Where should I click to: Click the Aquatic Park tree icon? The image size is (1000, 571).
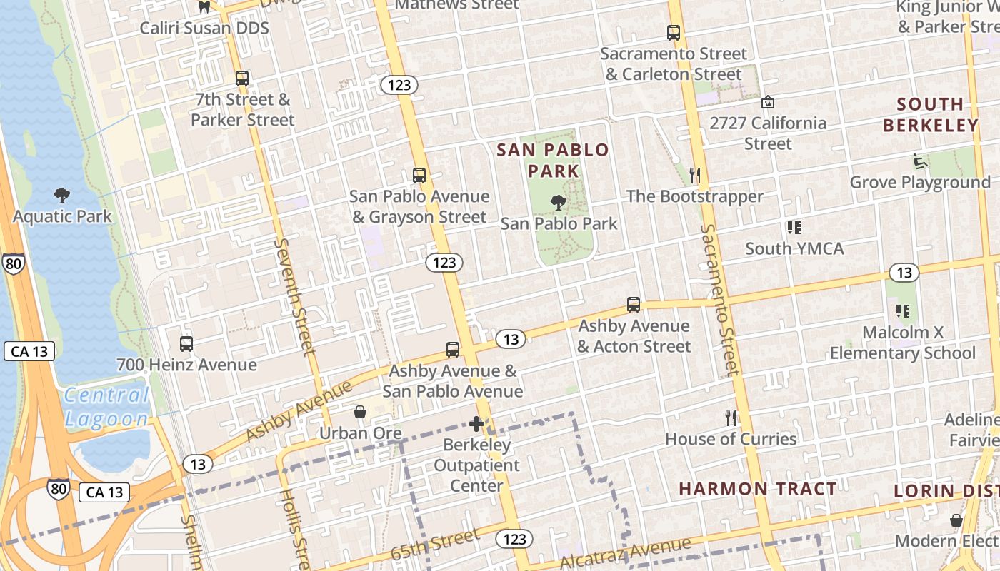[62, 195]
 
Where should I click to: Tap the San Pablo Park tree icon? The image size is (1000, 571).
[559, 203]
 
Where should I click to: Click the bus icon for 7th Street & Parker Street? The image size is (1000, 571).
[242, 79]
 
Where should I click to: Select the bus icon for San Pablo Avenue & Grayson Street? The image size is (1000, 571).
[419, 175]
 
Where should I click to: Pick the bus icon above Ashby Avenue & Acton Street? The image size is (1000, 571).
[633, 305]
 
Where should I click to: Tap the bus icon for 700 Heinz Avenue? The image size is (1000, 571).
[186, 343]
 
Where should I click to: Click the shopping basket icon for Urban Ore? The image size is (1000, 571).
[360, 413]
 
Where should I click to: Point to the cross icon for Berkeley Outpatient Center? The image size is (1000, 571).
[476, 424]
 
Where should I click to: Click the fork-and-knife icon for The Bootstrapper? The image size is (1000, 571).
[694, 175]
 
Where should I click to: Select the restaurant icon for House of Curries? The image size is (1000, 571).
[731, 418]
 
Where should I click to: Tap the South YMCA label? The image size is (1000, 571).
[794, 248]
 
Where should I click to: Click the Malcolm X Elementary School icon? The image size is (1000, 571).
[903, 311]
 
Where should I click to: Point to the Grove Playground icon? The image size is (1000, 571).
[920, 161]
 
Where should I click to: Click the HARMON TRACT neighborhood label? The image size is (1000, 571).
[757, 489]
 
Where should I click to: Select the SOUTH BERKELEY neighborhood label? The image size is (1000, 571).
[930, 115]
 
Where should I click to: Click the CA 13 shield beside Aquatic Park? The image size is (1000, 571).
[29, 351]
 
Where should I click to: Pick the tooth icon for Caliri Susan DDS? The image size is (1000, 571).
[204, 7]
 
